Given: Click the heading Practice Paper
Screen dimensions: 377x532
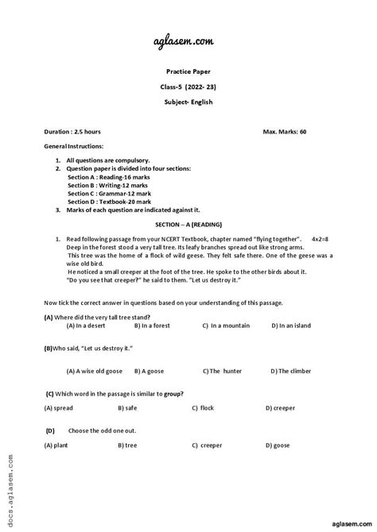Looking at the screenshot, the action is tap(188, 71).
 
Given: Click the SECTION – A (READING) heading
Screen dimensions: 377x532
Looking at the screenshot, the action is tap(188, 226).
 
